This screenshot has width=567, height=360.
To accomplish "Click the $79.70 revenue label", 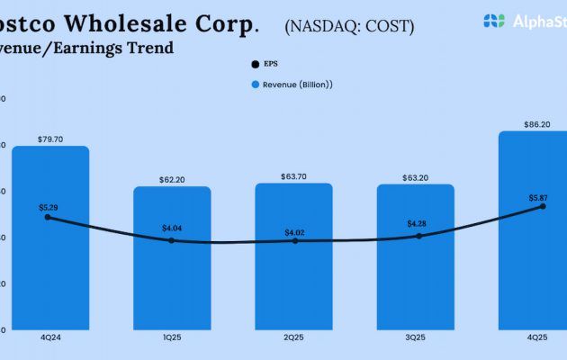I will click(50, 139).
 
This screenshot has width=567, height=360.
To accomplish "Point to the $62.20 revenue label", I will click(172, 180).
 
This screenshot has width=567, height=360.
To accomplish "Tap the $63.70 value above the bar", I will click(294, 176).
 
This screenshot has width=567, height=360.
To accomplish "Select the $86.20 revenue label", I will click(537, 124).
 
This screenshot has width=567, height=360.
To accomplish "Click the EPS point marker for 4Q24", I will click(48, 217).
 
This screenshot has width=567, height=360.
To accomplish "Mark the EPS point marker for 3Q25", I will click(419, 236).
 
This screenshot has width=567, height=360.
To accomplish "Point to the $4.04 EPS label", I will click(172, 228).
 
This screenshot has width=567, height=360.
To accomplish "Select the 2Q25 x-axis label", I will click(294, 337).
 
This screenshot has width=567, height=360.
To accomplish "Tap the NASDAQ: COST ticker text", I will click(349, 26).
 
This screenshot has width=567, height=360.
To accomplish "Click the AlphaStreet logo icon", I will click(494, 20).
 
